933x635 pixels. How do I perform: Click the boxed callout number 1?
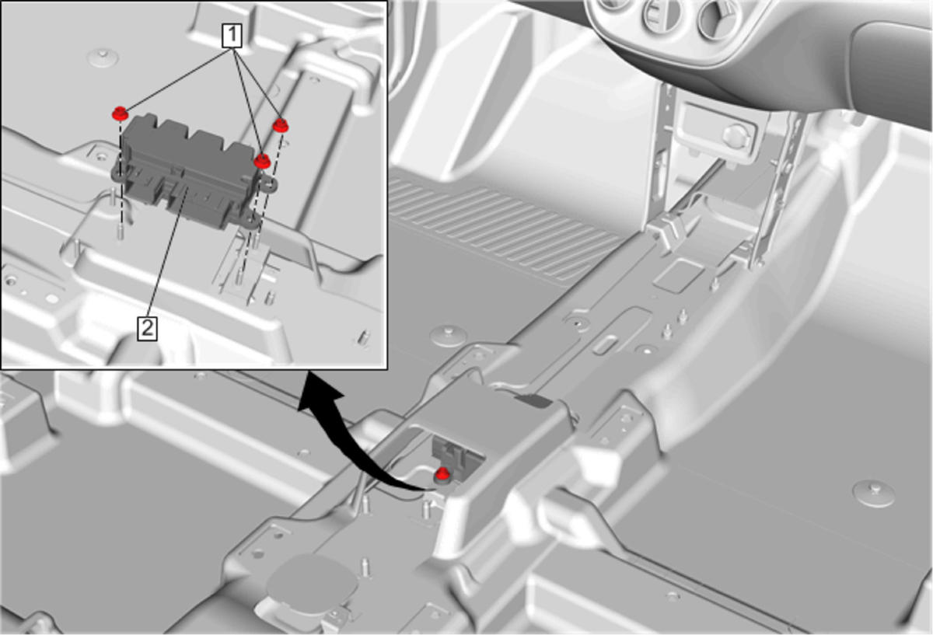click(x=232, y=36)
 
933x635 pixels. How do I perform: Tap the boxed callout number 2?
click(x=148, y=329)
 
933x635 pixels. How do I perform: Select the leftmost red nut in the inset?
click(x=120, y=113)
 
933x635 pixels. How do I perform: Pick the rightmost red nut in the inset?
click(x=281, y=125)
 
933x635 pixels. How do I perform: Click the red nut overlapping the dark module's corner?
click(x=262, y=161)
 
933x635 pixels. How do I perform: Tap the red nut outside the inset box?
click(x=442, y=474)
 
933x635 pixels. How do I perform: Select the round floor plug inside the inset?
click(x=103, y=58)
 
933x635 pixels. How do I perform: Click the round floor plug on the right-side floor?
click(x=874, y=493)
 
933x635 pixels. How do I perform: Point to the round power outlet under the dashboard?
click(x=736, y=135)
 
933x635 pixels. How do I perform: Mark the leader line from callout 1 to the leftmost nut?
click(x=177, y=80)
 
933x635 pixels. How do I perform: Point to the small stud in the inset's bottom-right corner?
click(x=363, y=337)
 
